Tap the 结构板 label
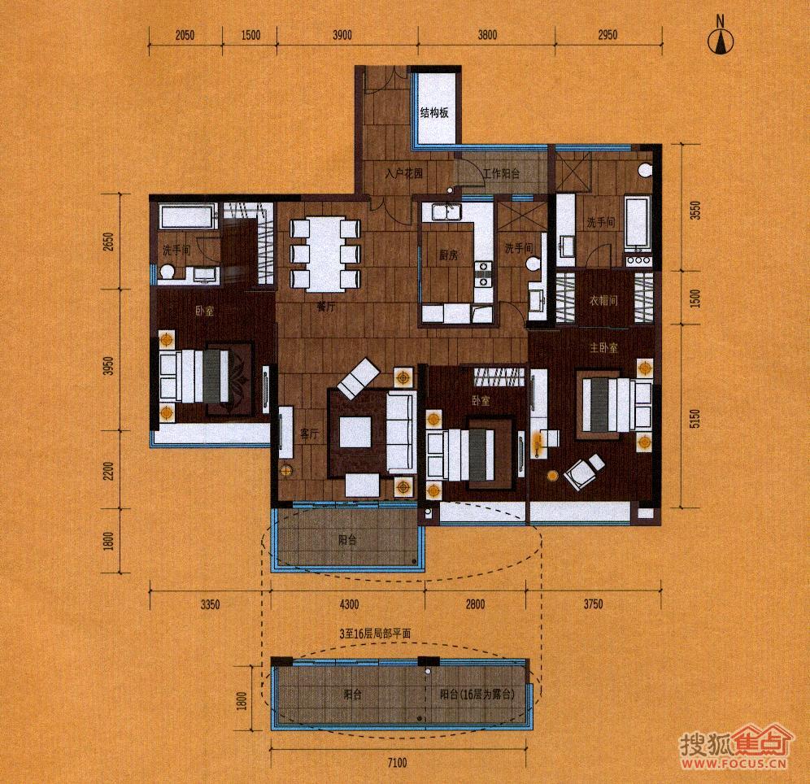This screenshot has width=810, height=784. (x=434, y=113)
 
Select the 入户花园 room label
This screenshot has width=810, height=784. (x=405, y=174)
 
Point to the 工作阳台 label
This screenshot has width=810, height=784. (x=500, y=174)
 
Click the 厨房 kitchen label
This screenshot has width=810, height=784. (x=449, y=255)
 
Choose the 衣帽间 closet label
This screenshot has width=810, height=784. (x=603, y=300)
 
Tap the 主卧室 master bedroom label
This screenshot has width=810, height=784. (x=603, y=347)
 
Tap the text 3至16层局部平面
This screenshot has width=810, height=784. (x=375, y=631)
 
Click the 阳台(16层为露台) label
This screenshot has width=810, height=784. (x=477, y=695)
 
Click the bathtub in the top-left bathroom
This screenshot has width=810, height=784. (x=186, y=217)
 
